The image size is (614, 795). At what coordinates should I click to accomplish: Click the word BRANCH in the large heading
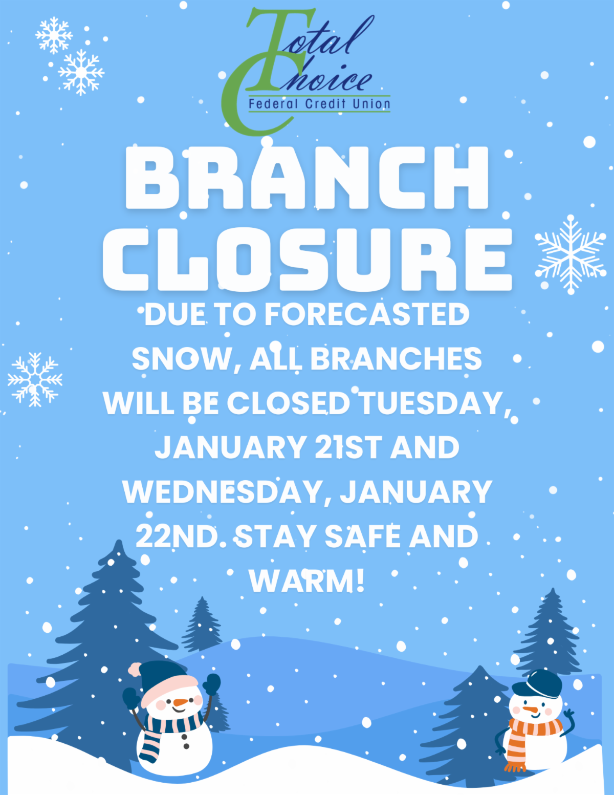tap(307, 178)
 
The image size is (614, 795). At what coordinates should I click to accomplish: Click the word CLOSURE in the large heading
tap(307, 259)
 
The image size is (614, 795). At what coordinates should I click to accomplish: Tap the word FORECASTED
tap(366, 314)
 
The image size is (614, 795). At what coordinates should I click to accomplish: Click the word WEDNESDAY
tap(223, 492)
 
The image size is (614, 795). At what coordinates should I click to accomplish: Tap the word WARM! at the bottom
tap(307, 581)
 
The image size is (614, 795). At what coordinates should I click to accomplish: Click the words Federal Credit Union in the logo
tap(319, 104)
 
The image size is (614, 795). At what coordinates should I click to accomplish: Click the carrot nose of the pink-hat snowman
tap(180, 702)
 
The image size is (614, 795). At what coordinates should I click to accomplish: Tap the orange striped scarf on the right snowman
tap(527, 732)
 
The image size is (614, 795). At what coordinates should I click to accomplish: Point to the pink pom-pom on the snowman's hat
tap(135, 669)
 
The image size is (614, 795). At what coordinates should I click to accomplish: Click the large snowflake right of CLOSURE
tap(570, 254)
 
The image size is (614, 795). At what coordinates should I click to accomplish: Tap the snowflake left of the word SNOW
tap(35, 379)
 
